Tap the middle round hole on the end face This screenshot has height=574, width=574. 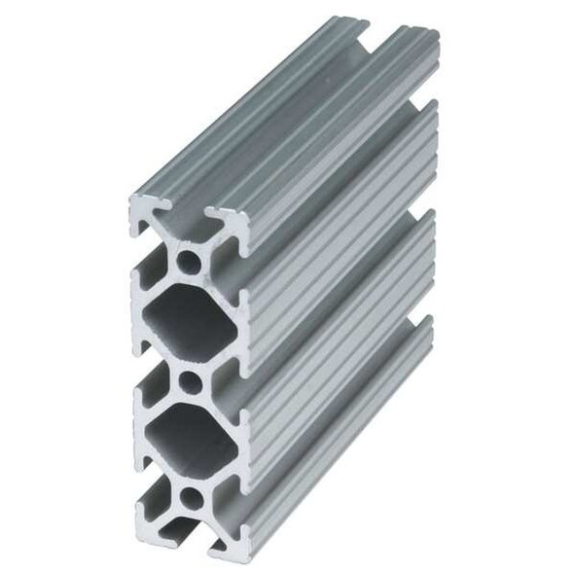(x=192, y=380)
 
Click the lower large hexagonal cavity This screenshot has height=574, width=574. (x=191, y=440)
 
